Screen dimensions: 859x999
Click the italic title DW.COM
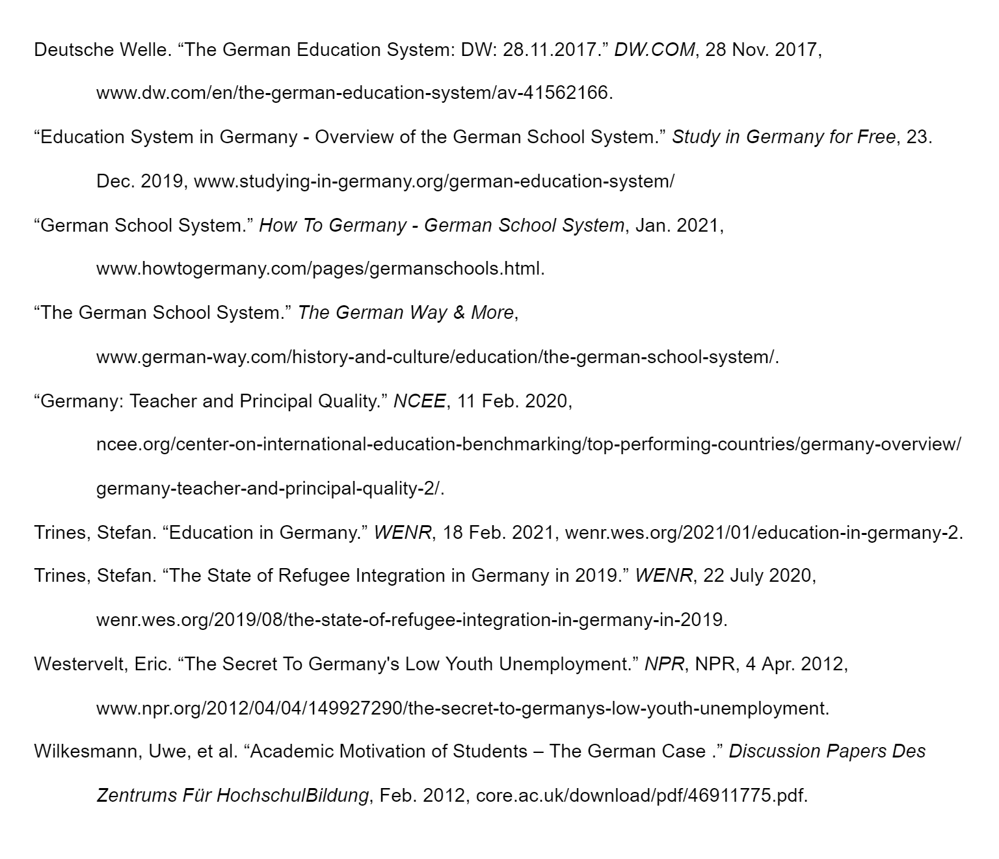tap(654, 49)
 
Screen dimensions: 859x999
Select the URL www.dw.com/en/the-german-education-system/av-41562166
tap(354, 93)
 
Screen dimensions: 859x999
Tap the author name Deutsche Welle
tap(101, 49)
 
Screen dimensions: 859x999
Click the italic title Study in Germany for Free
tap(783, 137)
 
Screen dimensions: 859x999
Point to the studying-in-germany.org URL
tap(434, 181)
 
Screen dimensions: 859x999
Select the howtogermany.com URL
tap(320, 269)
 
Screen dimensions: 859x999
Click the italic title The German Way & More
tap(406, 313)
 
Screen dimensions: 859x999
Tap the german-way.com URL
tap(436, 357)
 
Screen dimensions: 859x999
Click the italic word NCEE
tap(420, 401)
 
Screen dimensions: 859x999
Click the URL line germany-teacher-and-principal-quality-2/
tap(270, 489)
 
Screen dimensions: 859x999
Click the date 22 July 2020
tap(758, 576)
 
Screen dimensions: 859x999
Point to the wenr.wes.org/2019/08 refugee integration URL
tap(411, 620)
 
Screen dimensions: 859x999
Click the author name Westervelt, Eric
tap(102, 664)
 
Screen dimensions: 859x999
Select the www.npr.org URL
tap(462, 708)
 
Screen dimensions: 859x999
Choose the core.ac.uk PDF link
tap(641, 796)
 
